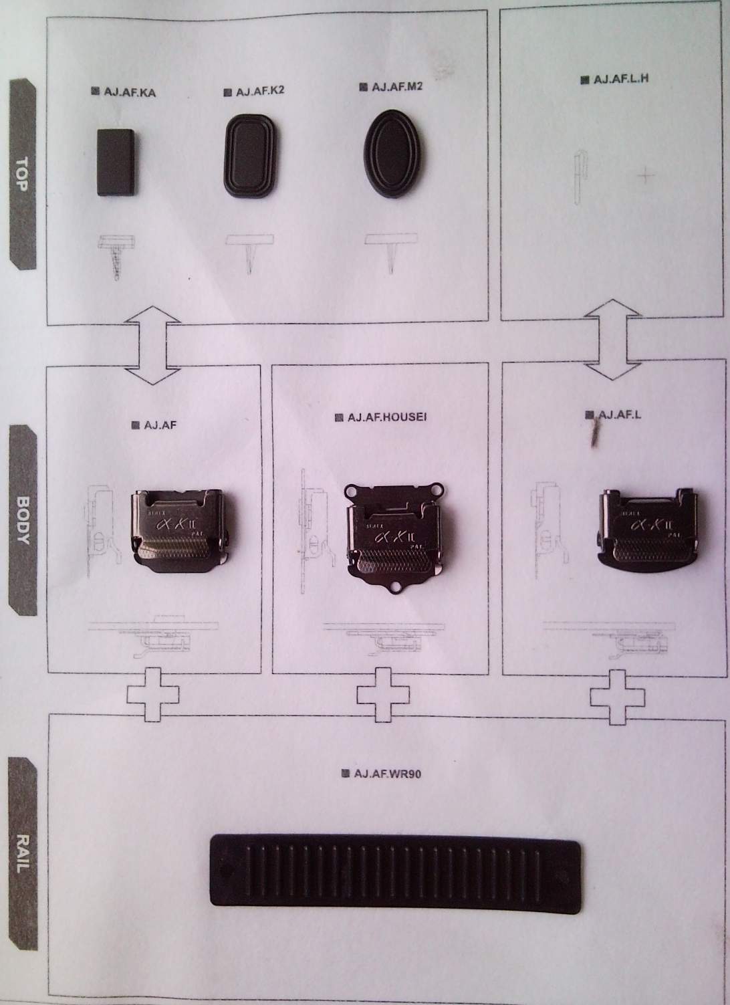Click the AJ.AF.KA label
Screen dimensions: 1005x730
[129, 92]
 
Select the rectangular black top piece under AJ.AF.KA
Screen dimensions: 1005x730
[117, 162]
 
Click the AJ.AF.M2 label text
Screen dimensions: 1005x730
[396, 86]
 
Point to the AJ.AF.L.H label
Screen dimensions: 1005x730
[620, 79]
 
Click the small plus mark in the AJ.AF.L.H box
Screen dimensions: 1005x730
[646, 176]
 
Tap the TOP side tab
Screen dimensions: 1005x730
[21, 174]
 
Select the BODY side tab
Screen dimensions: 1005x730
[23, 520]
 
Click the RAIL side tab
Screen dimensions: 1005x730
[23, 853]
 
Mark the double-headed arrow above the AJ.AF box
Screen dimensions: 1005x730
[153, 345]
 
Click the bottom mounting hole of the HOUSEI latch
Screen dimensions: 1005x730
[396, 588]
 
